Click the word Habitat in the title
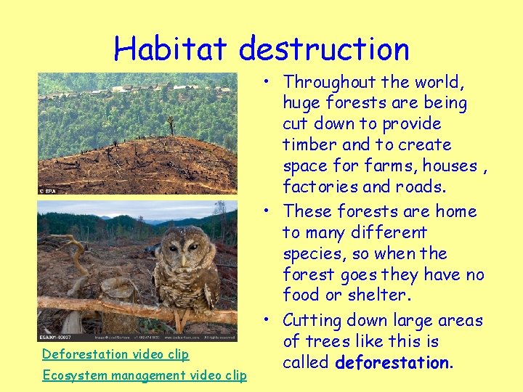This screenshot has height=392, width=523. pos(172,49)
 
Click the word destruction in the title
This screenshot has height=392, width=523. pos(324,49)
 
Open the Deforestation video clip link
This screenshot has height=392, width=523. pos(115,354)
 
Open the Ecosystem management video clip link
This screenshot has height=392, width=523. pos(145,375)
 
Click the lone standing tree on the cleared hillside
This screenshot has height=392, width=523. pos(171,125)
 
